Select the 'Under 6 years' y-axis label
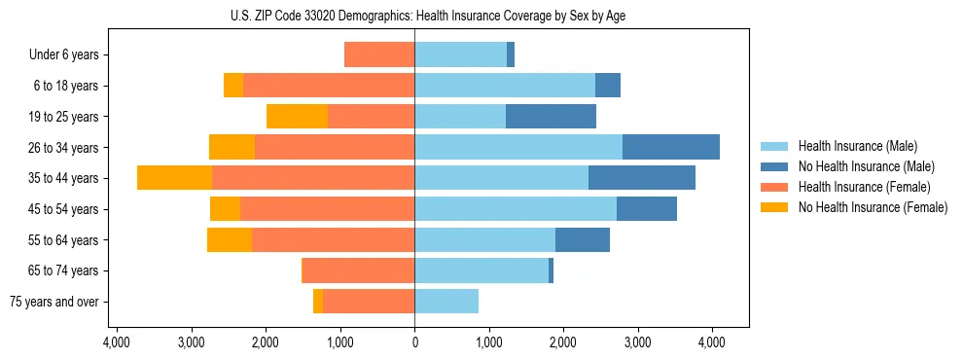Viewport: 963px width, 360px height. [69, 55]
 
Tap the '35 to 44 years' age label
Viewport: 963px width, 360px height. [65, 178]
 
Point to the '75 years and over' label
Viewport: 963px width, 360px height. [54, 302]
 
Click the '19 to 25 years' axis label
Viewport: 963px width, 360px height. [65, 117]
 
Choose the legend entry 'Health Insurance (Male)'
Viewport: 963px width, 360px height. [857, 146]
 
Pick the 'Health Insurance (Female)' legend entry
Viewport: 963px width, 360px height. [864, 187]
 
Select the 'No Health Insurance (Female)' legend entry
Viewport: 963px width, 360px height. [873, 207]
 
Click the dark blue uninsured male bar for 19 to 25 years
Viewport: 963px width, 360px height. [551, 117]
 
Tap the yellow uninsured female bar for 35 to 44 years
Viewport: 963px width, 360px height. [174, 178]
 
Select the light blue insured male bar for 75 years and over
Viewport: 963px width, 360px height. [446, 302]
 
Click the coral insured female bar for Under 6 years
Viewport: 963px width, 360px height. [379, 55]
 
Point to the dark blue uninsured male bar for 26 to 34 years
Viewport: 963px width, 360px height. [671, 147]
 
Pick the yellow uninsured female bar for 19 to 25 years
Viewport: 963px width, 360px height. [297, 117]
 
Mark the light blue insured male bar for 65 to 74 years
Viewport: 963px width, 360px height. [481, 270]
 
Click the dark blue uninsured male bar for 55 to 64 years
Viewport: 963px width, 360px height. [583, 239]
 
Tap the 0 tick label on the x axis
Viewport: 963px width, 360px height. [415, 342]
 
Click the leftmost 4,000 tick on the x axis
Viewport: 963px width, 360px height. [116, 342]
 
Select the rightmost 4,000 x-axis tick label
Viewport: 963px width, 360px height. [712, 342]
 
